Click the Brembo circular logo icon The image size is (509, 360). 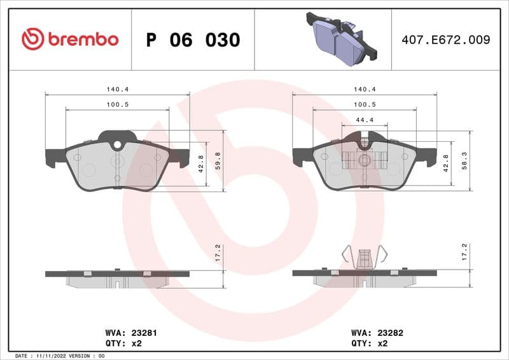point(32,39)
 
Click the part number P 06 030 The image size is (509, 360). point(193,40)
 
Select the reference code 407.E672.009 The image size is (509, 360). point(445,39)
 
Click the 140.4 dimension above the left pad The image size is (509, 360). point(118,90)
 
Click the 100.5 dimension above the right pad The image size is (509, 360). point(365,104)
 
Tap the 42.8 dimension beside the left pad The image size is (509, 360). point(201,163)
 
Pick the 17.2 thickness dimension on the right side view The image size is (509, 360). point(464,252)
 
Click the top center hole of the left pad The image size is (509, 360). point(117,145)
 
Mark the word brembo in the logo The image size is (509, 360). point(83,39)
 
